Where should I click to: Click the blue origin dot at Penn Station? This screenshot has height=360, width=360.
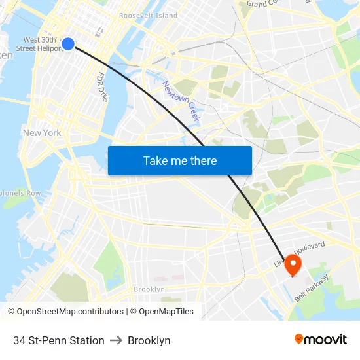pos(68,44)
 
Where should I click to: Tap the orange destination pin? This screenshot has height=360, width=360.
pos(292,264)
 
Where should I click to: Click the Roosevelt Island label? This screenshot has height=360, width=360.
pos(148,15)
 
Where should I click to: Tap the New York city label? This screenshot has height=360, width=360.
pos(42,133)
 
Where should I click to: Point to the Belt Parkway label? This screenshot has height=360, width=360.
pos(312,289)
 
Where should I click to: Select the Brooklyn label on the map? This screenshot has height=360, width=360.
pos(149,289)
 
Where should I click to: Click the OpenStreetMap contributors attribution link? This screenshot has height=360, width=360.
pos(70,312)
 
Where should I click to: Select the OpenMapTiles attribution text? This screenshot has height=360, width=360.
pos(166,312)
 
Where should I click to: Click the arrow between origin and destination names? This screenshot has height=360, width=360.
pos(117,340)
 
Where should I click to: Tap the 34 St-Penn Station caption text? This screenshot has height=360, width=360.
pos(59,340)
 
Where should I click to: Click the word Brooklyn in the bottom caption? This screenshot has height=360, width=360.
pos(149,340)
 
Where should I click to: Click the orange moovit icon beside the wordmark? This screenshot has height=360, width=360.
pos(299,339)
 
